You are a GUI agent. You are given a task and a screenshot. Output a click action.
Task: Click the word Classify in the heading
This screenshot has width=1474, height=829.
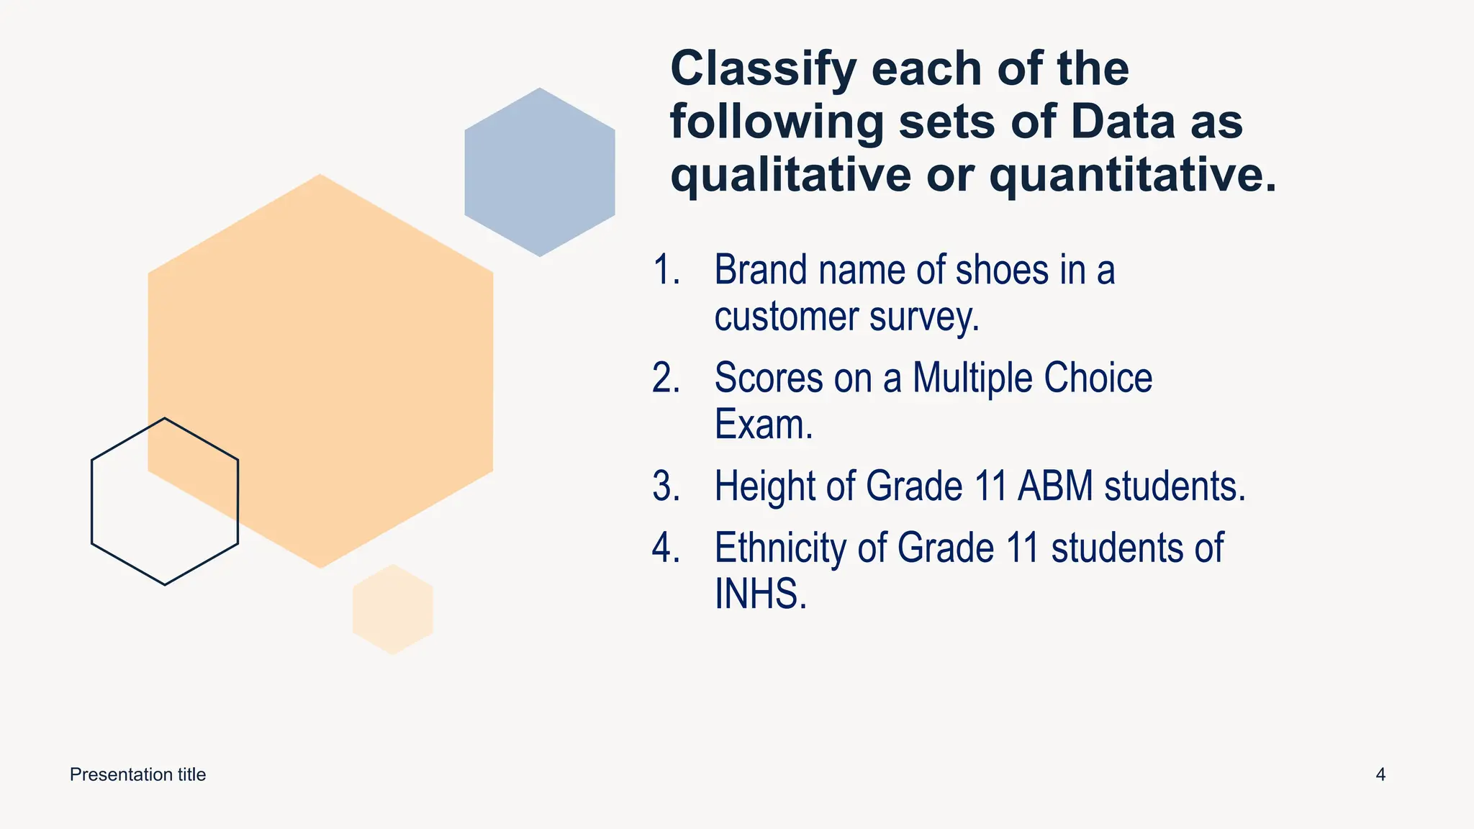763,70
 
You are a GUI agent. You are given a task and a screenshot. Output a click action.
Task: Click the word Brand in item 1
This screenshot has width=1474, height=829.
760,271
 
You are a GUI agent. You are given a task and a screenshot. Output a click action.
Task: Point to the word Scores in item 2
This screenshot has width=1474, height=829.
767,379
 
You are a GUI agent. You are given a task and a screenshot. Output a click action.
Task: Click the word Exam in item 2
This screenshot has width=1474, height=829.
762,425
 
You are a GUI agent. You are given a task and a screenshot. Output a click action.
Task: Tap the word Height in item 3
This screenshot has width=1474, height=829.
765,486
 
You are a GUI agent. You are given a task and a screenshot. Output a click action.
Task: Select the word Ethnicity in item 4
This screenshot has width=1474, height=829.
780,548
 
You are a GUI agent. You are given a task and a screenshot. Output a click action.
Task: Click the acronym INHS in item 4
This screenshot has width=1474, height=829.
759,594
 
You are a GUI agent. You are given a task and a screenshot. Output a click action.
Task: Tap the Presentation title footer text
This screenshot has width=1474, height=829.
137,775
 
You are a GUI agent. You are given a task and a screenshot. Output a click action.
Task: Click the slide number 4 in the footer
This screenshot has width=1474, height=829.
1380,775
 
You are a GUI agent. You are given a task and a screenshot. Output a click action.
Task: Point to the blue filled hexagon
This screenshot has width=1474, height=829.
540,172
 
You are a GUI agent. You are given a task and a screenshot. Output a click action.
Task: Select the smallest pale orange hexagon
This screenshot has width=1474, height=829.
393,610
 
